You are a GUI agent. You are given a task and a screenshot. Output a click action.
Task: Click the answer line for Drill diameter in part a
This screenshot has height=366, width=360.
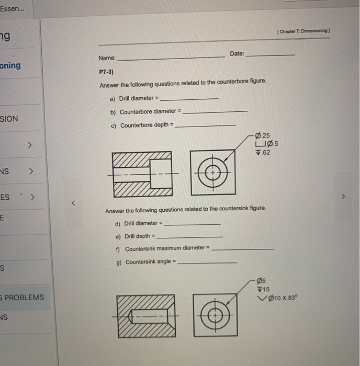coord(188,99)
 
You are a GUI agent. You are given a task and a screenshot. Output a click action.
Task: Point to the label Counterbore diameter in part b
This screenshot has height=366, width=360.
coord(149,112)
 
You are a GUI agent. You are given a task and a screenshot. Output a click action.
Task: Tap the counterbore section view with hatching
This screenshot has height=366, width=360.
coord(141,173)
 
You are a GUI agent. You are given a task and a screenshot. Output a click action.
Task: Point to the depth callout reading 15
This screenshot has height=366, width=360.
coord(262,289)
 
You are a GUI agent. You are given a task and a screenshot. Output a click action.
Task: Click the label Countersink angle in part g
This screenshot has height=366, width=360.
coord(150,262)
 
